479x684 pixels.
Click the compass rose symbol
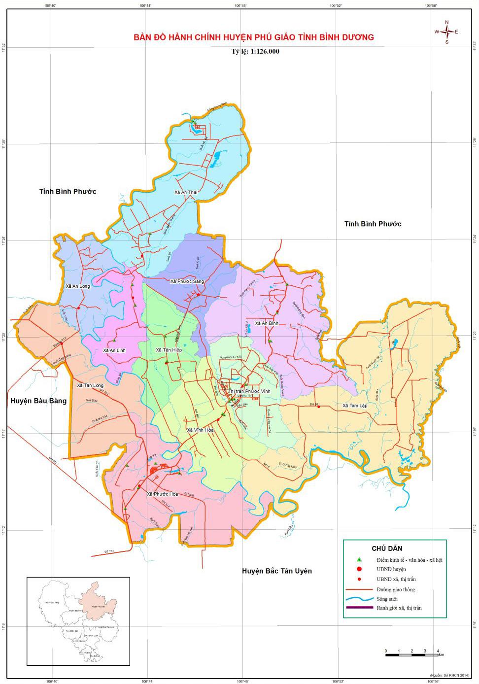(446, 32)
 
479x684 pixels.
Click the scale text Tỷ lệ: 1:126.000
(255, 51)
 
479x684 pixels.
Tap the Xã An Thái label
(185, 193)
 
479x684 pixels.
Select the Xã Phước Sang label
(187, 281)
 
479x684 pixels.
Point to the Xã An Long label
(78, 286)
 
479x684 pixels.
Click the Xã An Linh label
(114, 350)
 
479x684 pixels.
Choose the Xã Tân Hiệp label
(169, 350)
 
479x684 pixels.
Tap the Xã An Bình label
(267, 323)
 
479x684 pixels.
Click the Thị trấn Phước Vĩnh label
(249, 391)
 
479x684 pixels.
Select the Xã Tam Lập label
(355, 406)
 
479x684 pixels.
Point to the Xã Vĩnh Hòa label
(200, 430)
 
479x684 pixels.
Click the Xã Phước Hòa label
(162, 494)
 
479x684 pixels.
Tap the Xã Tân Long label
(90, 385)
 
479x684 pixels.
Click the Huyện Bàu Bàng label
(38, 401)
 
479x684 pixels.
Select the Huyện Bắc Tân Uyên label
(276, 571)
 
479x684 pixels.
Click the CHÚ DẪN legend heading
(387, 548)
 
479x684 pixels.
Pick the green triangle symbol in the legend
(359, 560)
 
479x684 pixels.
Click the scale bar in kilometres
(412, 654)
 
